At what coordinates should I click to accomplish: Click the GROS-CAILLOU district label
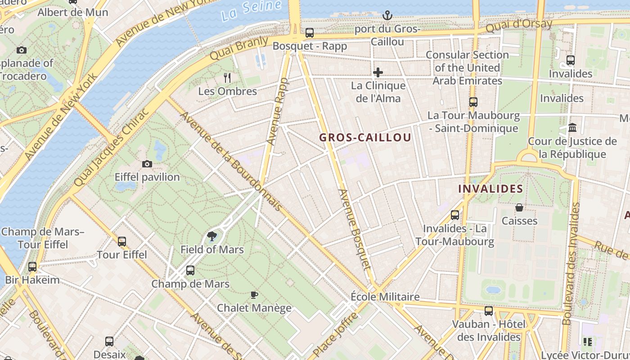click(x=365, y=138)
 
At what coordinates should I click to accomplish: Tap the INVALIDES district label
click(x=490, y=189)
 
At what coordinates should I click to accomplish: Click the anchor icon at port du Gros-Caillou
click(x=387, y=16)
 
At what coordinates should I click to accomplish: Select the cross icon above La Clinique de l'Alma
click(x=378, y=72)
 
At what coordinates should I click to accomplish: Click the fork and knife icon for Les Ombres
click(x=227, y=78)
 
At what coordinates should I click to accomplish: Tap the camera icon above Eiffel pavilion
click(x=147, y=164)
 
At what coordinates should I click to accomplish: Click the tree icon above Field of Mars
click(x=212, y=236)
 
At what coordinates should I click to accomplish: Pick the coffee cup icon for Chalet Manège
click(x=254, y=295)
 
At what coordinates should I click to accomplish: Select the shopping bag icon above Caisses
click(x=519, y=207)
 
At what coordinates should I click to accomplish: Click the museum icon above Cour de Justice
click(x=572, y=128)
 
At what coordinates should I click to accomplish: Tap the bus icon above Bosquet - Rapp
click(x=310, y=33)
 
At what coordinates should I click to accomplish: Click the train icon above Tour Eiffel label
click(x=121, y=242)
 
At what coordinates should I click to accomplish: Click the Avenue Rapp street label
click(x=277, y=112)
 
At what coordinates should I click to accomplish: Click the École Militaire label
click(x=385, y=297)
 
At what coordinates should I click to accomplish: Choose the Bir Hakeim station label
click(x=32, y=280)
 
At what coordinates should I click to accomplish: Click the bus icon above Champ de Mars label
click(x=190, y=270)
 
